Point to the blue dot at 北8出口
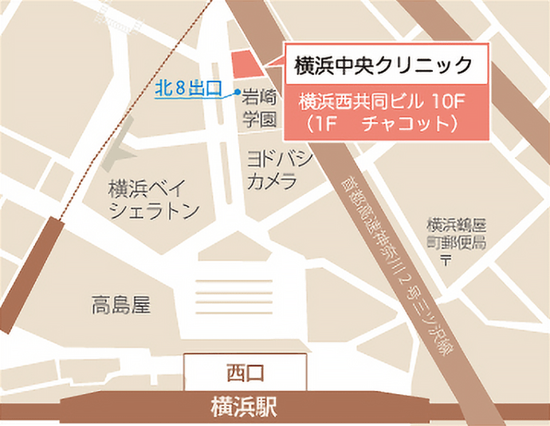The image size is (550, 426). click(238, 93)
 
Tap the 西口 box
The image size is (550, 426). click(245, 372)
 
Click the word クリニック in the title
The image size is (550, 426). click(430, 63)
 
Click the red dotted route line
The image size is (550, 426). click(120, 120)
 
